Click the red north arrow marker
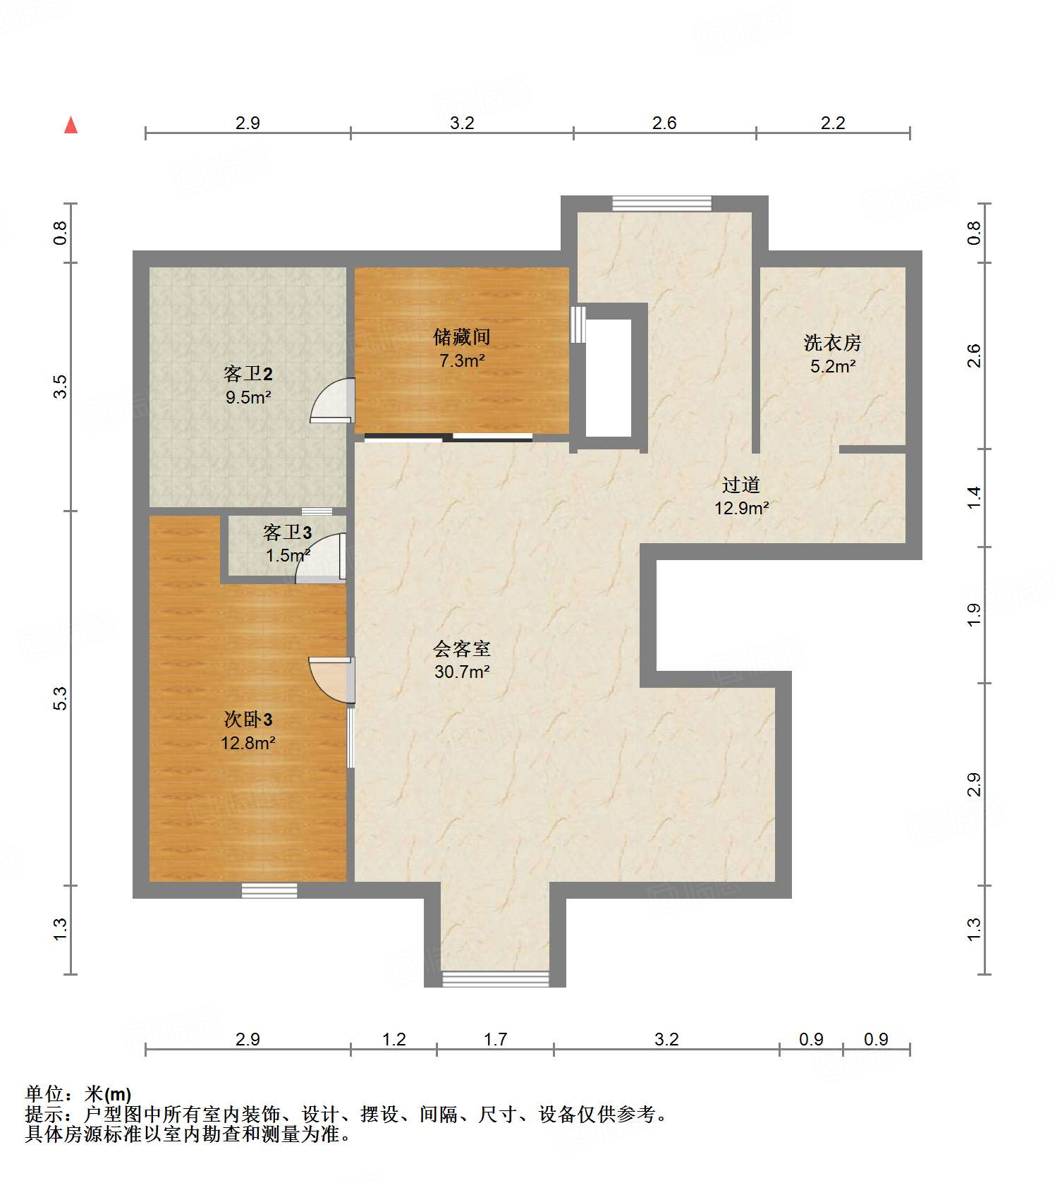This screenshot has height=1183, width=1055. (x=71, y=125)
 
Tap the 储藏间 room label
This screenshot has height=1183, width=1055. (x=461, y=336)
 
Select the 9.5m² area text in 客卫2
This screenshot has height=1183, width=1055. (x=248, y=397)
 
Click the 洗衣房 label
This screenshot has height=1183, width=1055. (x=832, y=343)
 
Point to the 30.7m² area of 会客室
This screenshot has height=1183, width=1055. (x=462, y=672)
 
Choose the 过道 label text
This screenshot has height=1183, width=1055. (x=740, y=485)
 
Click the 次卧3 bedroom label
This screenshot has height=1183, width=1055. (x=248, y=719)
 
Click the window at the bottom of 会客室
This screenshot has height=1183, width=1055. (x=495, y=978)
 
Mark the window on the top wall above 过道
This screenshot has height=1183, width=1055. (x=661, y=203)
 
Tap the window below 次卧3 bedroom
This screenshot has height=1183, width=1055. (x=269, y=890)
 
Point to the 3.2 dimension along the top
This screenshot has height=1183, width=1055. (x=462, y=123)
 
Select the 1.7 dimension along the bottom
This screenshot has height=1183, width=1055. (x=495, y=1039)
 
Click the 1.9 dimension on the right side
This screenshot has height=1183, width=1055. (x=974, y=614)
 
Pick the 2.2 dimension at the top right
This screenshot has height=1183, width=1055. (x=832, y=123)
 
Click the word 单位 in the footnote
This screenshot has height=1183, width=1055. (x=44, y=1094)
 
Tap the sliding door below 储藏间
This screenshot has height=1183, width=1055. (x=449, y=438)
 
